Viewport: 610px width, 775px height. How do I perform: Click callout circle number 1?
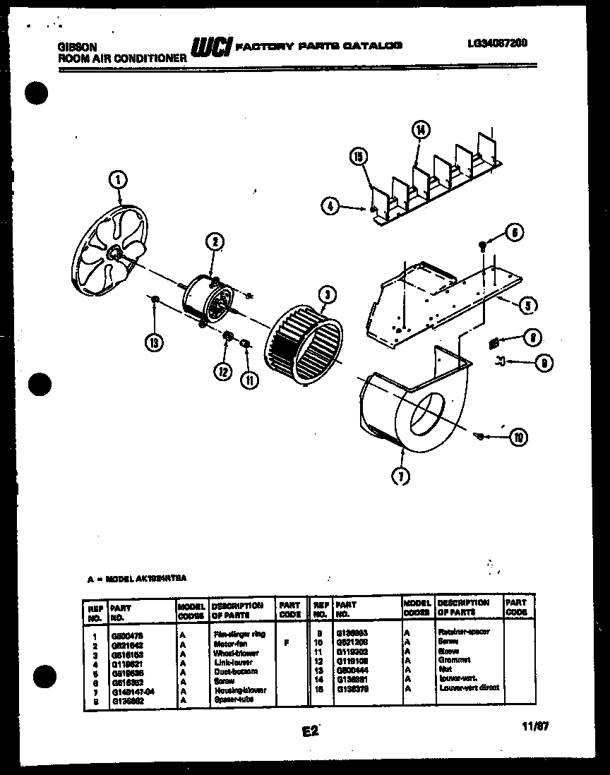[x=118, y=181]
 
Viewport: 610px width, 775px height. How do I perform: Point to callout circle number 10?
[x=519, y=438]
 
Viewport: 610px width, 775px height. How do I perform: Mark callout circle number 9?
[x=543, y=364]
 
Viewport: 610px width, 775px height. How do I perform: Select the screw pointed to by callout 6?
[x=482, y=245]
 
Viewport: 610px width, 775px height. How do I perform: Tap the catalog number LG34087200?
[x=496, y=43]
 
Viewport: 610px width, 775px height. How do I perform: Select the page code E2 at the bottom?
[x=310, y=731]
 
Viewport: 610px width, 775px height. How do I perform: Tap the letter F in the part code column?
[x=286, y=643]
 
